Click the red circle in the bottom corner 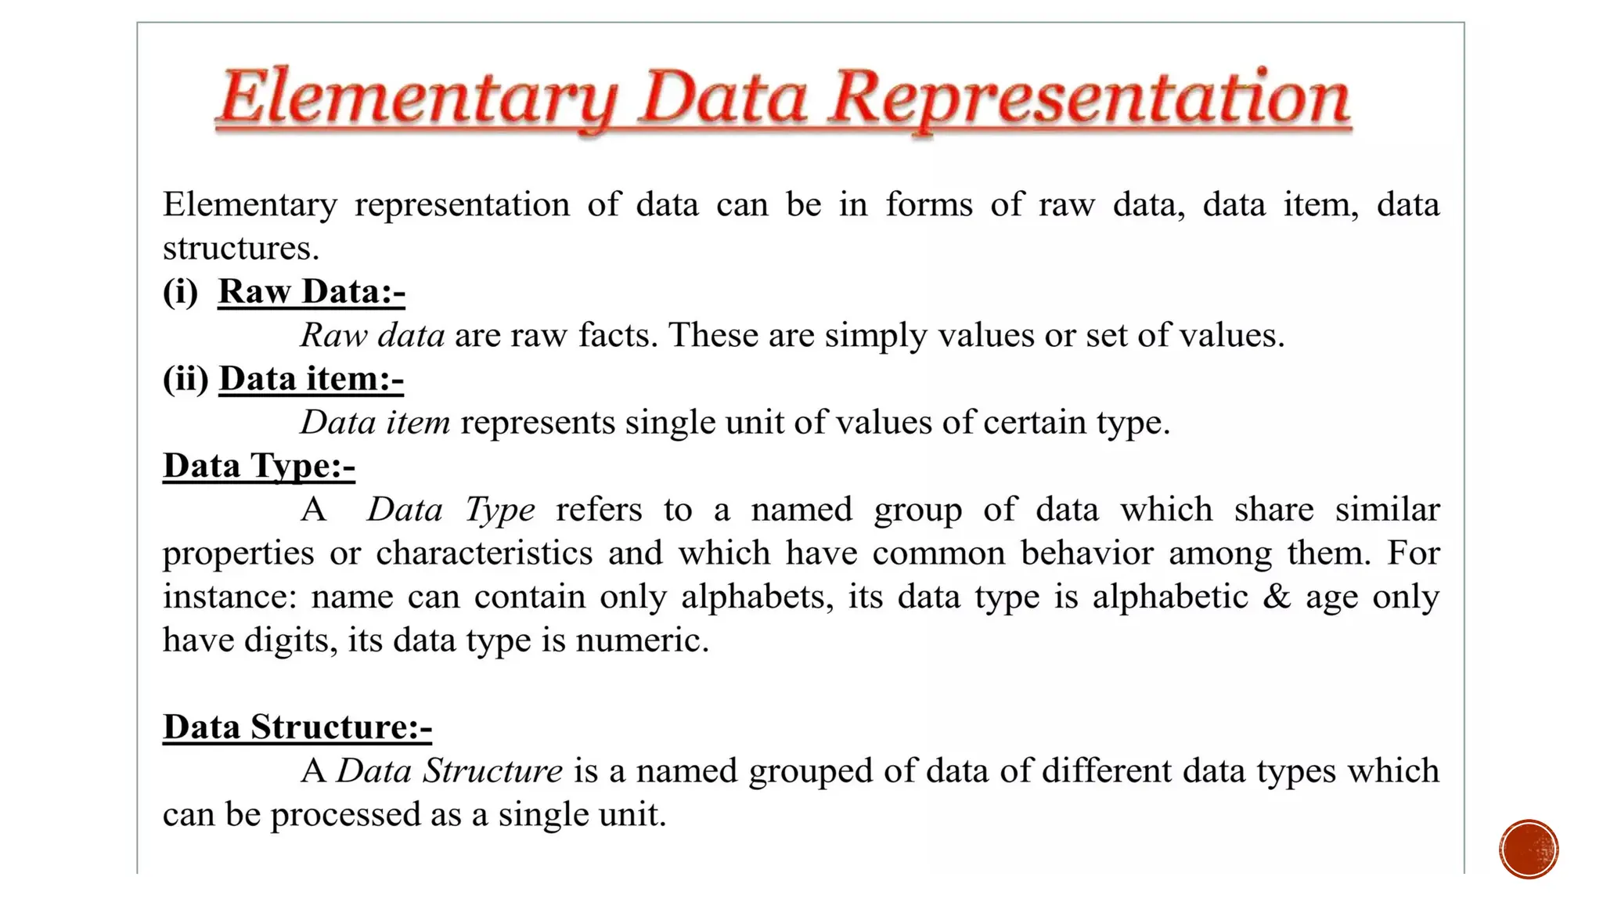click(1529, 850)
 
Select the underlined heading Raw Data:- click(312, 292)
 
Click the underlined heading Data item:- click(312, 380)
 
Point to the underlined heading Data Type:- click(259, 467)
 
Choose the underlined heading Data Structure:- click(297, 727)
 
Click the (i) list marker click(180, 292)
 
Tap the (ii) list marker click(186, 380)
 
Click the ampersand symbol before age click(1277, 597)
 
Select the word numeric click(642, 640)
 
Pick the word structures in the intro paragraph click(240, 249)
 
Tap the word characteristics click(485, 554)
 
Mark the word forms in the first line click(929, 205)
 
